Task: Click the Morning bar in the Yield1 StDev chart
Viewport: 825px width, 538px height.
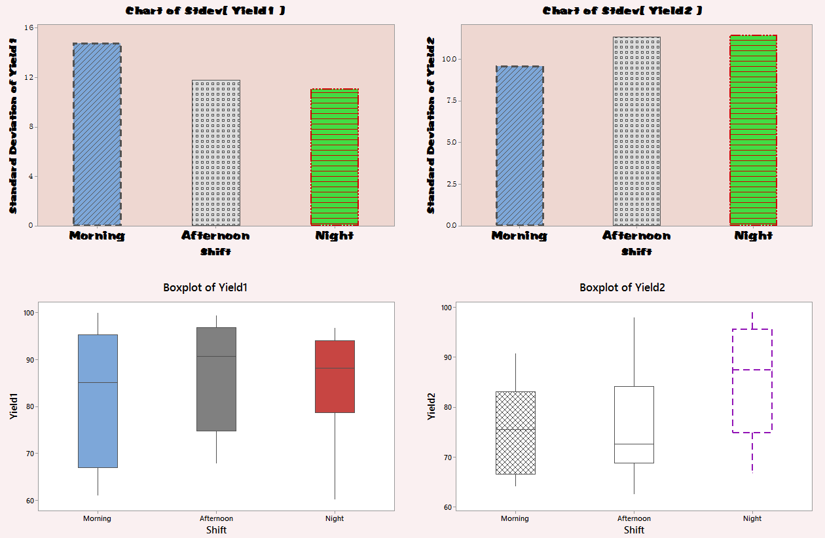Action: point(97,134)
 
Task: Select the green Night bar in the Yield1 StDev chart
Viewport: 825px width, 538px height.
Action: point(335,157)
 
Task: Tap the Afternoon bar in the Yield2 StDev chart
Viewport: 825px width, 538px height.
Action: point(636,131)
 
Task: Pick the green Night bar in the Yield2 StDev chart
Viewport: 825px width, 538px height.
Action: point(753,130)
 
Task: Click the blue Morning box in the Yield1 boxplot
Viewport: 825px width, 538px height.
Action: point(98,401)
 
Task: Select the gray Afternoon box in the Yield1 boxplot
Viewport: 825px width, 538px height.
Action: point(216,379)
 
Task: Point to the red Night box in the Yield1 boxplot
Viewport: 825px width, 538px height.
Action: point(335,376)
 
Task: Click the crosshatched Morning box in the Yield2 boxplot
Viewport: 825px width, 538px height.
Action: point(515,433)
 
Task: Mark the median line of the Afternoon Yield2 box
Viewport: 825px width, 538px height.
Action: point(634,444)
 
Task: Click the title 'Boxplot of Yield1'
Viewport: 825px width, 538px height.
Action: point(205,287)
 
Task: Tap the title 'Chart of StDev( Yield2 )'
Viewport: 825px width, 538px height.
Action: point(622,11)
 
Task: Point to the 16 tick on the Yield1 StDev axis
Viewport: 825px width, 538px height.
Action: point(30,28)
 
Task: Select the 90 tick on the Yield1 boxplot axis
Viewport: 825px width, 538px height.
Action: point(29,360)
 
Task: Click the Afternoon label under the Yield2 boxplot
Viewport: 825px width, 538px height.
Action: point(634,518)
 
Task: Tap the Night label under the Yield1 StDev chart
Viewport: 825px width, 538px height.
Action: point(334,236)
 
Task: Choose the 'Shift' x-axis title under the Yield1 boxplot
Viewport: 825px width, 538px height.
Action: point(216,529)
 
